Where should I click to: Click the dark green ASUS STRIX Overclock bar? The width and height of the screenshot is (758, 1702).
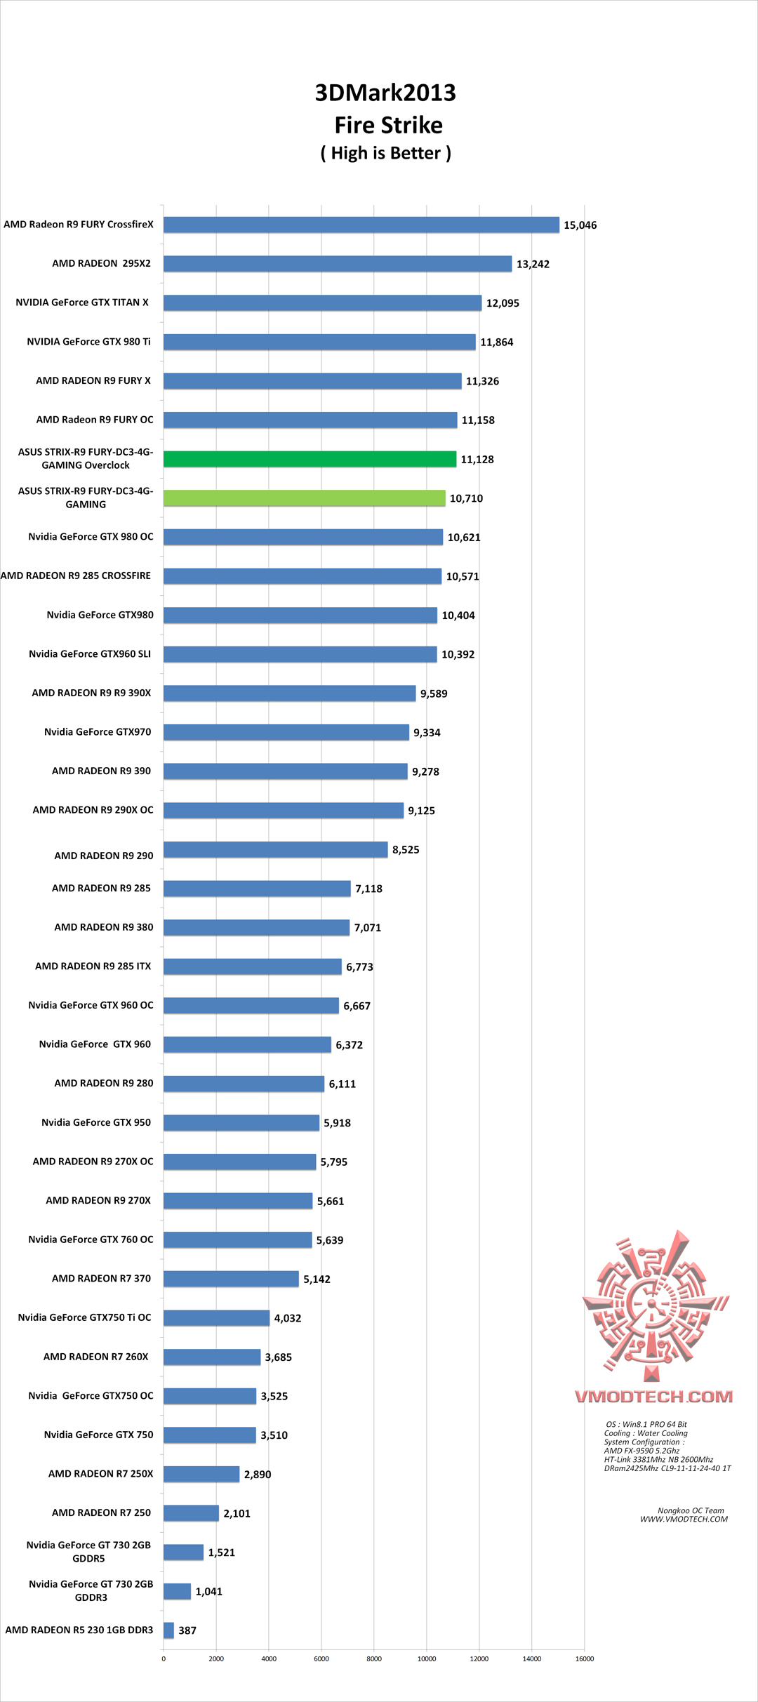coord(310,459)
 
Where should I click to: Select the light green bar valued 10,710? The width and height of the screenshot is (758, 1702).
coord(304,498)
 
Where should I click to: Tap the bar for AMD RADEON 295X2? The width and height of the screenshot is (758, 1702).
coord(338,264)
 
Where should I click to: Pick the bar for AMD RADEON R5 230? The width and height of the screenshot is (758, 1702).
coord(168,1630)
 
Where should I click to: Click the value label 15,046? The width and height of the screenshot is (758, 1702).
coord(580,225)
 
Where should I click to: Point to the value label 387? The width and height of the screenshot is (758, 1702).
coord(187,1630)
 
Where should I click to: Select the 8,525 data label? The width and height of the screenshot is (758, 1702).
coord(406,850)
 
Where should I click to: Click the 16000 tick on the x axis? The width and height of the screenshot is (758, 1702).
coord(585,1658)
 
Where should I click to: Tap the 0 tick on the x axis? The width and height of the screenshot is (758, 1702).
coord(164,1658)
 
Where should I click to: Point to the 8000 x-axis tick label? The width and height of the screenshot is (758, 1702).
coord(374,1658)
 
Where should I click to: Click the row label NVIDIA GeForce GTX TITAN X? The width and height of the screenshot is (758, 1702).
coord(82,302)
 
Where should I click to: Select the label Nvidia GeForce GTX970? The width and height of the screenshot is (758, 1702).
coord(98,732)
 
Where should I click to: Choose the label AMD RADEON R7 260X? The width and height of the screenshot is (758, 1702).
coord(96,1357)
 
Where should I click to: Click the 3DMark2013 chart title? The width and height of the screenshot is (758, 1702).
coord(385,93)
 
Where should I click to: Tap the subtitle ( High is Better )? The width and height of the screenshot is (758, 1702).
coord(386,153)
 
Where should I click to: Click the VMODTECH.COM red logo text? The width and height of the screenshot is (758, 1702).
coord(654,1397)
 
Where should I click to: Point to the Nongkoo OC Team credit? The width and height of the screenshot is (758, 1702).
coord(691,1510)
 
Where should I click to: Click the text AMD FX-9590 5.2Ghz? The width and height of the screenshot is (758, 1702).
coord(641,1451)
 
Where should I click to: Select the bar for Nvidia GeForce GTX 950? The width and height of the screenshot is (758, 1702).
coord(241,1123)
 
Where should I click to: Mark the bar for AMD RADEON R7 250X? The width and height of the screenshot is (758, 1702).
coord(201,1474)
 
